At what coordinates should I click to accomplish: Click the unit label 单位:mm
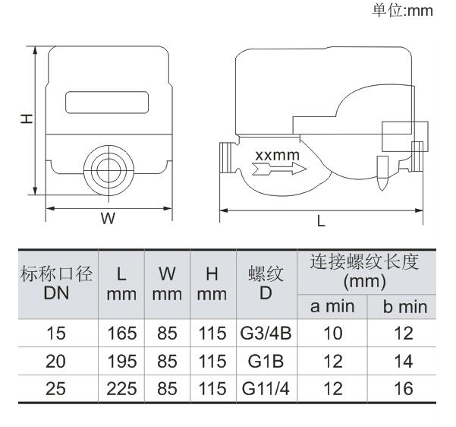[x=402, y=11]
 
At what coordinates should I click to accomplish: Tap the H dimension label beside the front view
[x=27, y=119]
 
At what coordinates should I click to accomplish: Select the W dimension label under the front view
[x=108, y=218]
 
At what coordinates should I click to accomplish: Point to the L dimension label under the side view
[x=321, y=221]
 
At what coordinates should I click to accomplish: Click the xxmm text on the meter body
[x=277, y=155]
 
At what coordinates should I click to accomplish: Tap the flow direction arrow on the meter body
[x=279, y=169]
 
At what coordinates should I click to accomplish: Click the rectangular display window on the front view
[x=107, y=103]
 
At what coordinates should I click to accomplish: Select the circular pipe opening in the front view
[x=108, y=170]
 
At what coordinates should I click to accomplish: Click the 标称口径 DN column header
[x=56, y=283]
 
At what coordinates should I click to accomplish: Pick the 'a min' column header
[x=332, y=307]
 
